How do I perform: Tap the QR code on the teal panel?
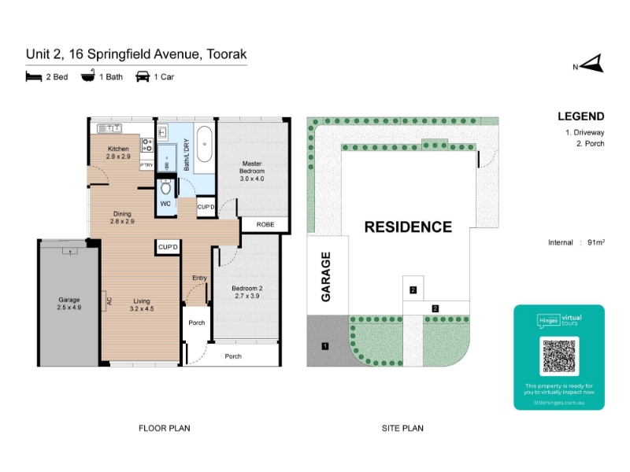pos(559,356)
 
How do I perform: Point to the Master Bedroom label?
pos(251,171)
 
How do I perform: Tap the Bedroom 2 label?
pos(246,293)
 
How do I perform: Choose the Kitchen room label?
pos(118,153)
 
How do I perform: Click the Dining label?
pos(122,217)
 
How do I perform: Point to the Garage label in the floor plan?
pos(69,304)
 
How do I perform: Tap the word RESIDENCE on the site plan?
pos(408,227)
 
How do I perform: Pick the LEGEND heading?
pos(580,116)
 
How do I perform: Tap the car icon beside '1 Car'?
pos(143,76)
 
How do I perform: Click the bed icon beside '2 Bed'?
pos(33,76)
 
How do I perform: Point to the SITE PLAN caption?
pos(402,429)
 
